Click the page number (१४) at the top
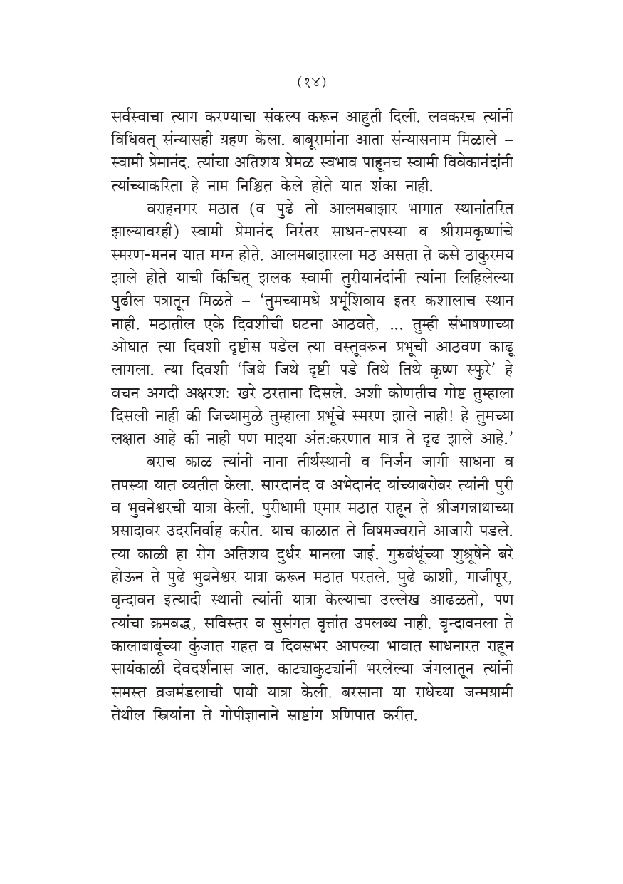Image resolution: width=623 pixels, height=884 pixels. point(311,82)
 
